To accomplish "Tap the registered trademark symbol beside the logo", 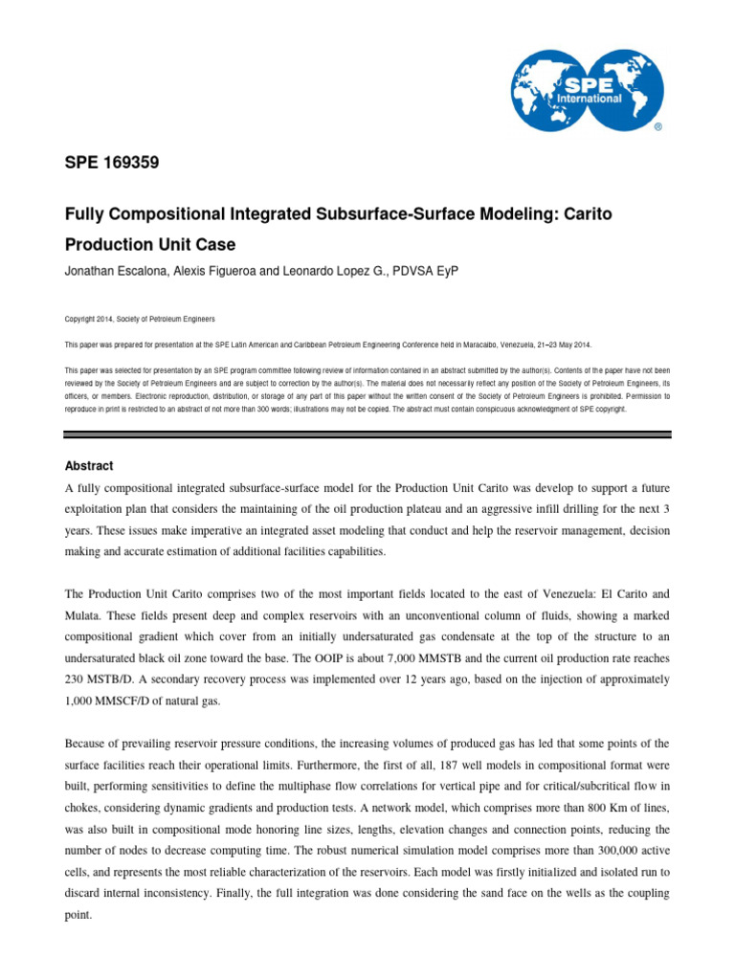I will coord(657,125).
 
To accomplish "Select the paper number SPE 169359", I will coord(111,164).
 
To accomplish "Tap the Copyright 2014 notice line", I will coord(140,318).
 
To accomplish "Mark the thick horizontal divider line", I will coord(367,434).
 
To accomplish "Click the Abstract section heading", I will coord(89,466).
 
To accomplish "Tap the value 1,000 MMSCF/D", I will coord(115,702).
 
